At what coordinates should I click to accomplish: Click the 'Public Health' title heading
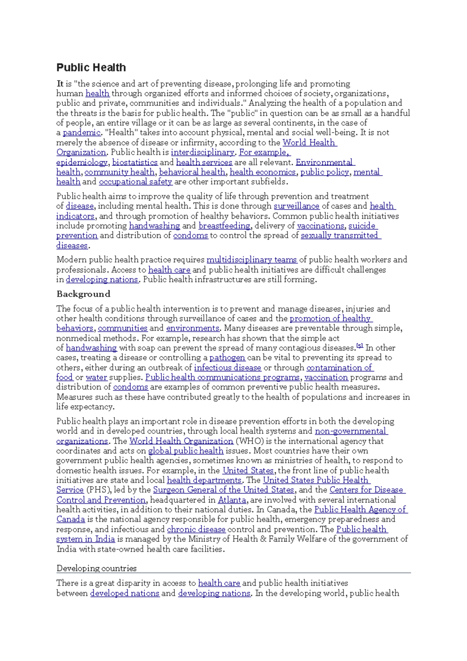click(x=91, y=68)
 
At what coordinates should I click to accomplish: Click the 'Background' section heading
click(x=83, y=294)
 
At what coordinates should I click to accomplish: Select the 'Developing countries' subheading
click(x=97, y=568)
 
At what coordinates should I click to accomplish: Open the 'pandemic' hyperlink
click(x=81, y=133)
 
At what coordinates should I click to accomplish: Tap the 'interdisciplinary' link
click(x=202, y=152)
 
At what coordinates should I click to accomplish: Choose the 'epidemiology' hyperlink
click(x=82, y=162)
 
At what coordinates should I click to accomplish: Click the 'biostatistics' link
click(x=135, y=162)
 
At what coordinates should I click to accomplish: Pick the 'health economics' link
click(x=263, y=172)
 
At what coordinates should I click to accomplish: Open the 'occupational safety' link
click(x=135, y=182)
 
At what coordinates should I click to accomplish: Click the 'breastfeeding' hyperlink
click(x=225, y=226)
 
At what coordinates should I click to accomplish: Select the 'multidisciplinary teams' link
click(x=251, y=260)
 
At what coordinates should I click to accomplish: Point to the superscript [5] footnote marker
click(x=360, y=346)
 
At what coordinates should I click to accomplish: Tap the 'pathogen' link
click(x=227, y=358)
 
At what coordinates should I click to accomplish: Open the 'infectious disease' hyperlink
click(x=227, y=367)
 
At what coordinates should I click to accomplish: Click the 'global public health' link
click(x=186, y=451)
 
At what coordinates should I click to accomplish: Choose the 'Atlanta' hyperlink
click(x=232, y=500)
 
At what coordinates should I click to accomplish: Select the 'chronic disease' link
click(x=196, y=529)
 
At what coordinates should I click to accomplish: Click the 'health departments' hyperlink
click(x=204, y=480)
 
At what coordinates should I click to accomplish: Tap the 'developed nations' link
click(x=125, y=593)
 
